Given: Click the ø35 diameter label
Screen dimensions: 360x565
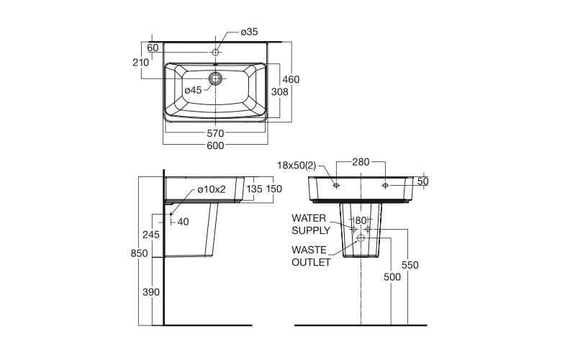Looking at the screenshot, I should coord(249,32).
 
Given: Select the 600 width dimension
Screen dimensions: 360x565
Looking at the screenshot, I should coord(215,145).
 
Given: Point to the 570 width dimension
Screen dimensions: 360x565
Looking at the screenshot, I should coord(215,133).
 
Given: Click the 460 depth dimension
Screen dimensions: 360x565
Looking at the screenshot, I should coord(291,79).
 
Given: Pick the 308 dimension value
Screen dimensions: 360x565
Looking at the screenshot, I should coord(279,91).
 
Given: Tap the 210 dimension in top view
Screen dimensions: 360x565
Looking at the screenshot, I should coord(140,62).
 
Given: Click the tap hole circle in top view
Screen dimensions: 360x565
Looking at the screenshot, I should coord(216,52).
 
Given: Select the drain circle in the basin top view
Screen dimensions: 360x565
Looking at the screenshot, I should coord(216,78).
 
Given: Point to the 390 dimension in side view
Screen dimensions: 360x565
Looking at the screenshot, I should coord(151,292).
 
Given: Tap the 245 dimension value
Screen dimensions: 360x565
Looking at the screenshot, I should coord(150,235).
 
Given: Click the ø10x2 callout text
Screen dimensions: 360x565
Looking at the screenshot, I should coord(212,189).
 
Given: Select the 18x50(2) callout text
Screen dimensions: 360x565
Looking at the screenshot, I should coord(297,166).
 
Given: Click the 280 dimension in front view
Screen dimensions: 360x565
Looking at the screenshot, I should coord(361,163).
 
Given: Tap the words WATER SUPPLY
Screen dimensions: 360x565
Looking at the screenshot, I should coord(310,224).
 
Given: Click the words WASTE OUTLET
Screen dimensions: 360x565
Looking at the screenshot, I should coord(311,256).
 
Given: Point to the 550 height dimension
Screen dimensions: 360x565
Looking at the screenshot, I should coord(410,265).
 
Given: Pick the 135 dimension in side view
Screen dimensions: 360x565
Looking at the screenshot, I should coord(254,189).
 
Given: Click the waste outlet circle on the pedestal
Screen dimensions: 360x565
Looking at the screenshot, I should coord(361,238).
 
